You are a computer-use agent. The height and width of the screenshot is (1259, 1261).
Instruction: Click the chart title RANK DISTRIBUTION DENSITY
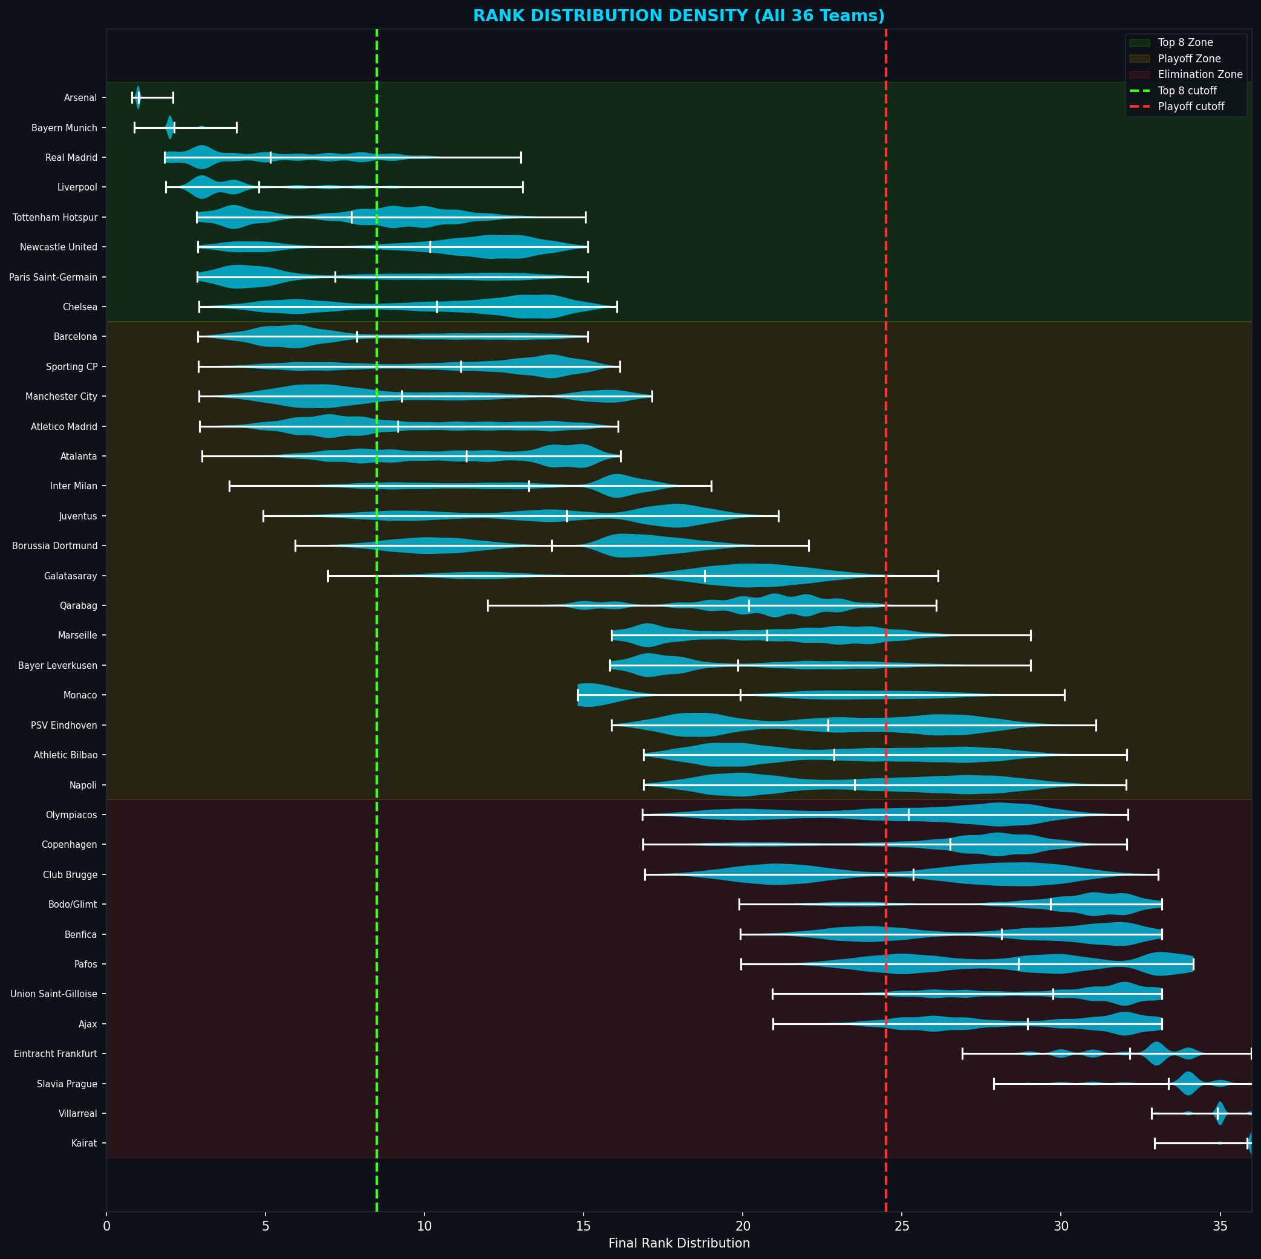tap(678, 16)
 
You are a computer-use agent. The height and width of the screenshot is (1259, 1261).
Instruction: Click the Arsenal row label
tap(80, 98)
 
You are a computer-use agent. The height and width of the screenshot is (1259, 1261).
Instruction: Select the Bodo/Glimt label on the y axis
tap(73, 905)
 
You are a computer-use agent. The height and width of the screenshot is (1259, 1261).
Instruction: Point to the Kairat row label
tap(84, 1144)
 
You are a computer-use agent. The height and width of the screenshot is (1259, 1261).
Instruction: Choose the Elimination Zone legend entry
tap(1200, 74)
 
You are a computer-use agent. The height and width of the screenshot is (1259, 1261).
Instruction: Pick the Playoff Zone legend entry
tap(1188, 59)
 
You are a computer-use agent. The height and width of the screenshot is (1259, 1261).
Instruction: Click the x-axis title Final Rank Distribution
tap(679, 1243)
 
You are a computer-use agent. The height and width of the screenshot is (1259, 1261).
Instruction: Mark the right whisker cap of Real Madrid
tap(520, 157)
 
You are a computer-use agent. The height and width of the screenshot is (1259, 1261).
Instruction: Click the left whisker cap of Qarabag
tap(487, 606)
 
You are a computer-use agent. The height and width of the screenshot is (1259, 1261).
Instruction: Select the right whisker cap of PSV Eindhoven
tap(1095, 725)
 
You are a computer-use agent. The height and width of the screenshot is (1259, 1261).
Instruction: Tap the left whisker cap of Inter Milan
tap(230, 486)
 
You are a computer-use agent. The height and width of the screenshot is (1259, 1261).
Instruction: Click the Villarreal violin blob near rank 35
tap(1219, 1113)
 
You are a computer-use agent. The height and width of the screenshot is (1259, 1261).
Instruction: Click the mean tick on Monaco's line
tap(740, 695)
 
